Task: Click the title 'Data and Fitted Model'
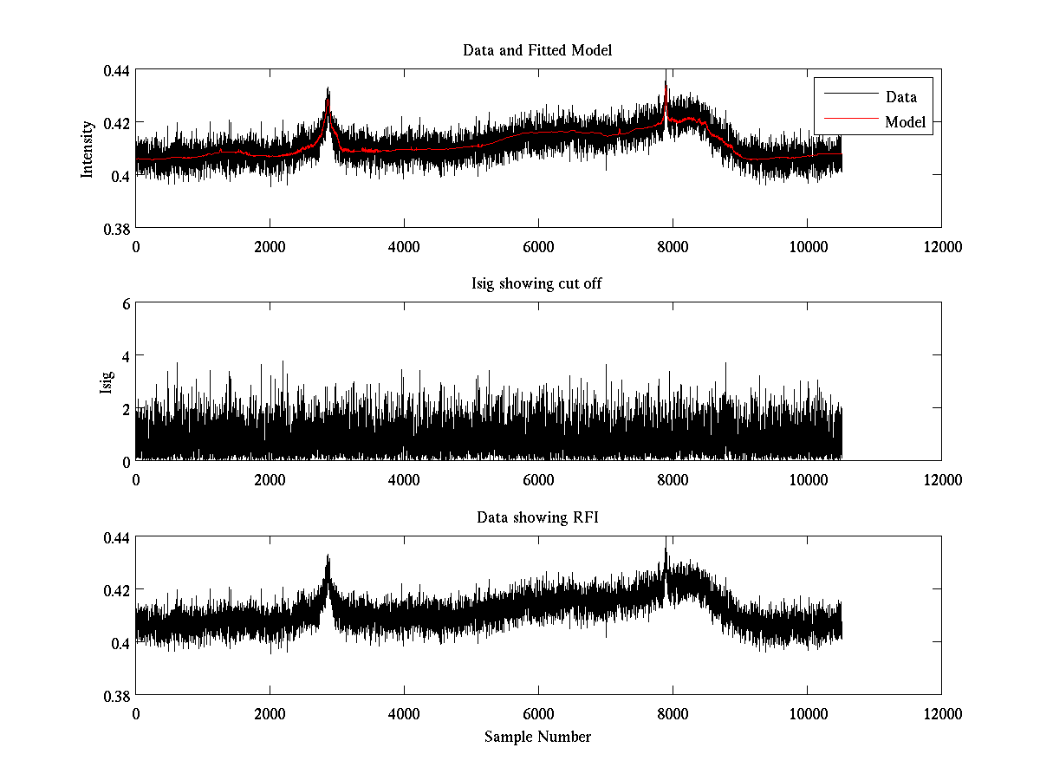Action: click(537, 50)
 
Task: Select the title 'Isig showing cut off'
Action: click(537, 284)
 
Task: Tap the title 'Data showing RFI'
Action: click(537, 518)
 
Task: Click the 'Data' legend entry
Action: click(900, 97)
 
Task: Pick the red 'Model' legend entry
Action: click(905, 122)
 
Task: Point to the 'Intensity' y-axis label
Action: click(87, 149)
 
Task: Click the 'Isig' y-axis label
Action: click(106, 382)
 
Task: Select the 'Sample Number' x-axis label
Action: click(537, 737)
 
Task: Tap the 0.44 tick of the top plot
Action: click(117, 70)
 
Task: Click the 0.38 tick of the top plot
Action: click(117, 228)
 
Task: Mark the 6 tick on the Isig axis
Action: click(126, 303)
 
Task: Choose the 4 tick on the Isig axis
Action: click(126, 355)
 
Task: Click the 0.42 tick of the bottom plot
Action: click(117, 590)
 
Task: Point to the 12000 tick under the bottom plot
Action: click(941, 713)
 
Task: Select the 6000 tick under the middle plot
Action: click(538, 479)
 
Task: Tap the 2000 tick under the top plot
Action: click(270, 246)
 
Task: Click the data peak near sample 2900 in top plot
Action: click(328, 89)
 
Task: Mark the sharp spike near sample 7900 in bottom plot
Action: click(666, 549)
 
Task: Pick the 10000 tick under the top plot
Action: click(807, 246)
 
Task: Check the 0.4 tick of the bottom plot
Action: click(120, 643)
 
